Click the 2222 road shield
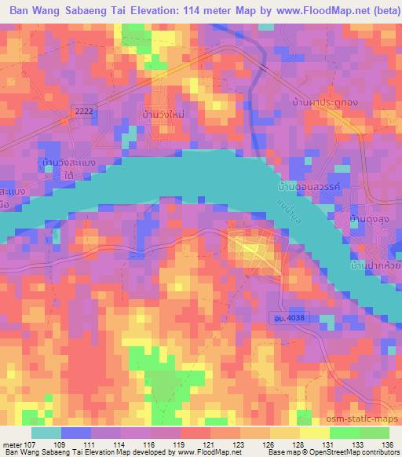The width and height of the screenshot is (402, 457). (83, 112)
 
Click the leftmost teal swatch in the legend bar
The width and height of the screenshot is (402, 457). (46, 433)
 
